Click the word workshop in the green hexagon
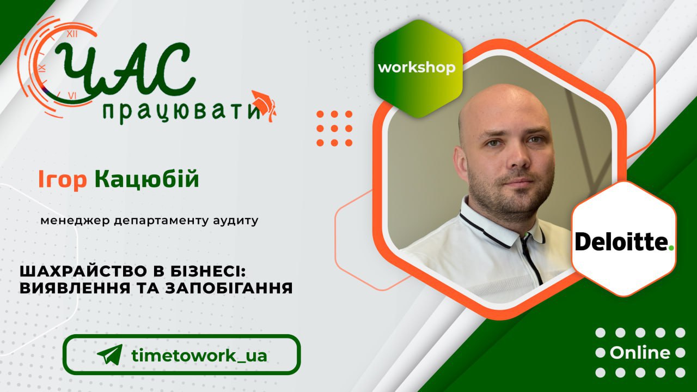coord(417,68)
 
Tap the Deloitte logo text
coord(622,242)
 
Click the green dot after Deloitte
coord(671,248)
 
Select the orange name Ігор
coord(62,179)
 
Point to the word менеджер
coord(75,221)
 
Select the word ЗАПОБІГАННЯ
coord(229,288)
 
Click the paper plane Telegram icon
coord(110,354)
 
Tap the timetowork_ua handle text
coord(199,355)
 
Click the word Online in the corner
coord(640,353)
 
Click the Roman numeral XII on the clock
coord(72,34)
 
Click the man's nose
coord(519,156)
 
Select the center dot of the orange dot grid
coord(334,128)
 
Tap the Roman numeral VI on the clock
coord(72,95)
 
